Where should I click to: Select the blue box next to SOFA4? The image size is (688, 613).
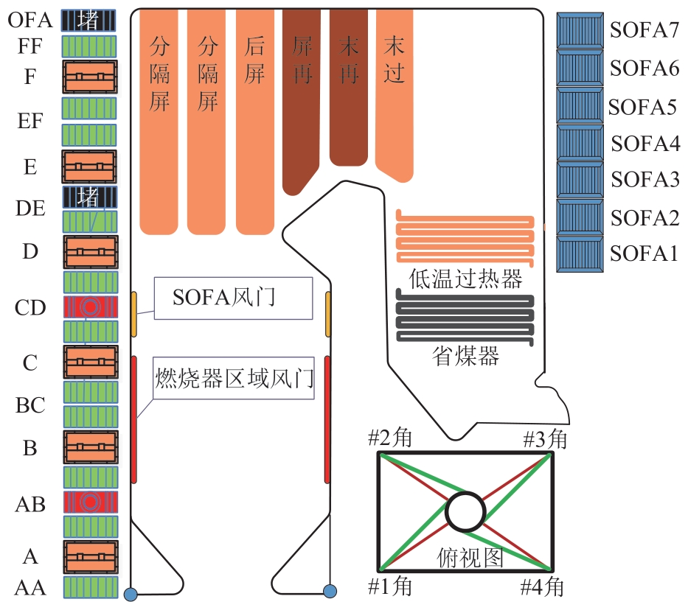580,144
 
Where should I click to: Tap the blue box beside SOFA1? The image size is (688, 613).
580,254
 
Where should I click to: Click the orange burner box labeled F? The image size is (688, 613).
89,77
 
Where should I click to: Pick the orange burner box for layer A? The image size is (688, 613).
89,557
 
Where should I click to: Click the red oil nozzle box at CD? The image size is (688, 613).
89,307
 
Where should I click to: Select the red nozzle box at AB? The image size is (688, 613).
89,502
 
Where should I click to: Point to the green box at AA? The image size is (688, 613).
89,587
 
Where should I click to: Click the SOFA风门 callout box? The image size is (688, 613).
233,298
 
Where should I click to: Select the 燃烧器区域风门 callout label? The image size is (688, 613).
234,379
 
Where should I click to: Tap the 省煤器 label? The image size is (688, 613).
465,357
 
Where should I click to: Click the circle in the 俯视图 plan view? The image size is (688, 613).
465,512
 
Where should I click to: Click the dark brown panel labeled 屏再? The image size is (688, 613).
302,103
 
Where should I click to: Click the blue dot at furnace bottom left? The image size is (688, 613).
131,593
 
